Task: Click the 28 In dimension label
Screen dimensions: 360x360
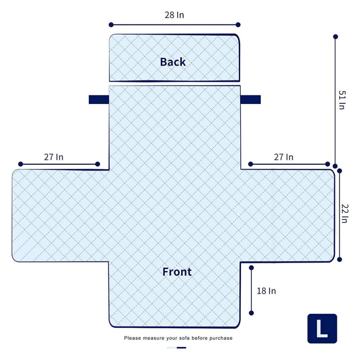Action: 174,15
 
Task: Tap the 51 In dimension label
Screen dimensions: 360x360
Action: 342,100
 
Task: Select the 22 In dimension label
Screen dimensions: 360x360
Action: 345,213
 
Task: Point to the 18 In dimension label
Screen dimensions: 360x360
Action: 266,291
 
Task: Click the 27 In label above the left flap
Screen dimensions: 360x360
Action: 54,157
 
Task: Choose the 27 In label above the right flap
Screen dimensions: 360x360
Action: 284,157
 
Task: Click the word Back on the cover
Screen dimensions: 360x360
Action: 173,62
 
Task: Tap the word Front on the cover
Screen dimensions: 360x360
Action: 177,272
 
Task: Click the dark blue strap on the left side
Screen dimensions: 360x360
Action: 99,100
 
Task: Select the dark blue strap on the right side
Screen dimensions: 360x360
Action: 251,100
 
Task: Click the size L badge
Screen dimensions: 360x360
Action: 322,329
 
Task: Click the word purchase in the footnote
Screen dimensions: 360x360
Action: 221,338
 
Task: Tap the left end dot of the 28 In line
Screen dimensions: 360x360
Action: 111,25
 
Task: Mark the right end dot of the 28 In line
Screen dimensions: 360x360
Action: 238,25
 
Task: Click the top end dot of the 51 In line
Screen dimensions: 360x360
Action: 336,36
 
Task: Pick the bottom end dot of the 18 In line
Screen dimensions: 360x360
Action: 251,313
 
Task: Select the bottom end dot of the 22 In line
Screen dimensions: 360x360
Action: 339,260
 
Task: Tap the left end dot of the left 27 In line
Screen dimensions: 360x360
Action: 21,164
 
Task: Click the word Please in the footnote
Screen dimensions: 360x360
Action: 133,338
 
